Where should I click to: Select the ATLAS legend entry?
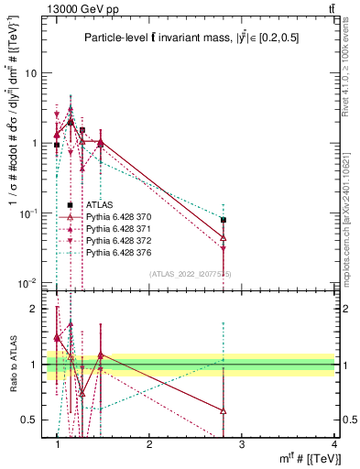[99, 205]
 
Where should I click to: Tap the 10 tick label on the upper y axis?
[31, 72]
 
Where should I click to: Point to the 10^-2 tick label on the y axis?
[28, 283]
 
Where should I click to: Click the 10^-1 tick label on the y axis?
[28, 213]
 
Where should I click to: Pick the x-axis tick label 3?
[241, 444]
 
